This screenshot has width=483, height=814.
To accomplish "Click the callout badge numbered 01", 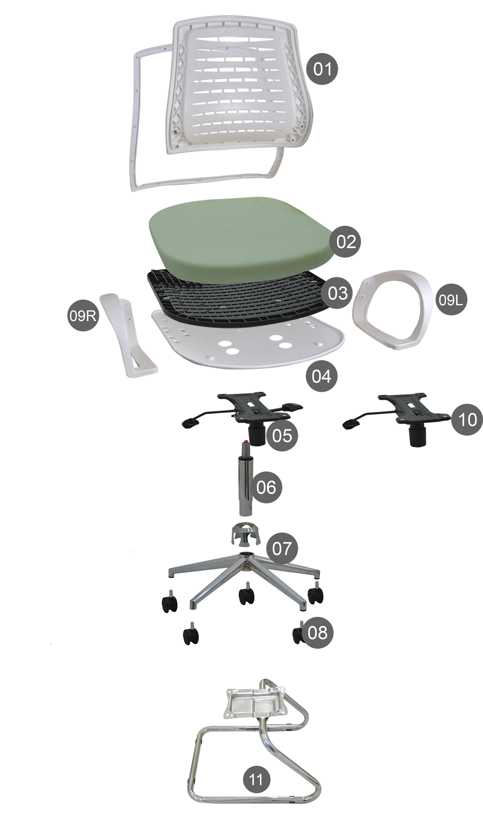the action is [x=322, y=69].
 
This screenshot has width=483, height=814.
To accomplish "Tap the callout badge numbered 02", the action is [x=345, y=242].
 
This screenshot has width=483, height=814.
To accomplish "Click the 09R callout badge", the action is [x=83, y=315].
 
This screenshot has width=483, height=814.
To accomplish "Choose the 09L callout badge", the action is [x=451, y=299].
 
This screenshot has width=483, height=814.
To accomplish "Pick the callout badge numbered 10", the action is [x=467, y=420].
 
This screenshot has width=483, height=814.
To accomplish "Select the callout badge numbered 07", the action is [x=282, y=548].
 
